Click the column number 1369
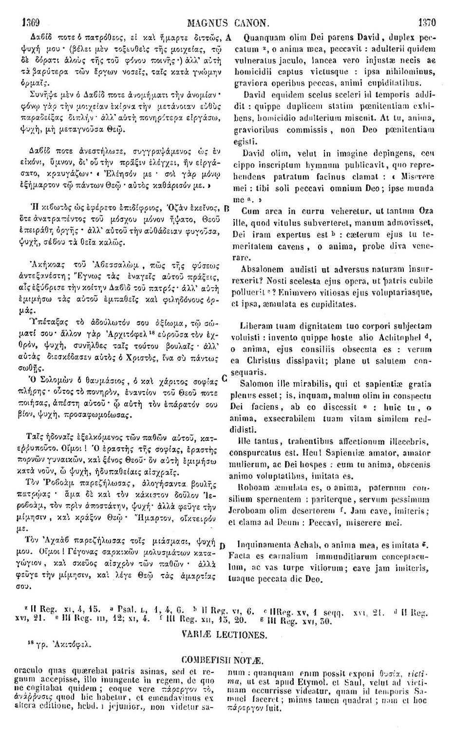pos(29,22)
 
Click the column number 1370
pos(427,22)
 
